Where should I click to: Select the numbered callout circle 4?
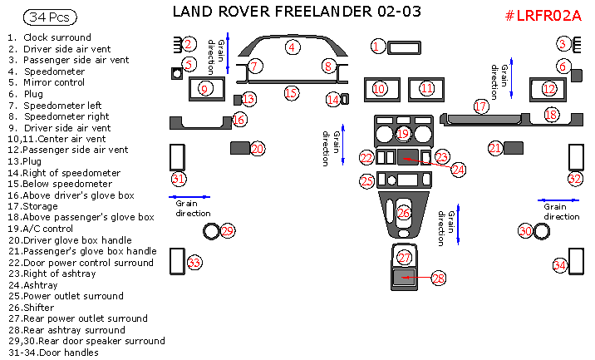tap(292, 47)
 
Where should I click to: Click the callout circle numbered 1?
tap(378, 47)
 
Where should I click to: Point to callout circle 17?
tap(480, 106)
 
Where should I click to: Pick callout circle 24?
tap(458, 169)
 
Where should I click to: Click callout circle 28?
tap(438, 279)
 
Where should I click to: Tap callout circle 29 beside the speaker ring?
tap(227, 230)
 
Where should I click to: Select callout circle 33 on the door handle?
tap(194, 263)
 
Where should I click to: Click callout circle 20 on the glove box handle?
tap(257, 148)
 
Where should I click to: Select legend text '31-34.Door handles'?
tap(54, 352)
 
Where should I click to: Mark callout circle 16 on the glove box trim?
tap(239, 120)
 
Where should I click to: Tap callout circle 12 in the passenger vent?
tap(548, 88)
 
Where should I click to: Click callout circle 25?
tap(367, 180)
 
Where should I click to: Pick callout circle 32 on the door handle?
tap(575, 179)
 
